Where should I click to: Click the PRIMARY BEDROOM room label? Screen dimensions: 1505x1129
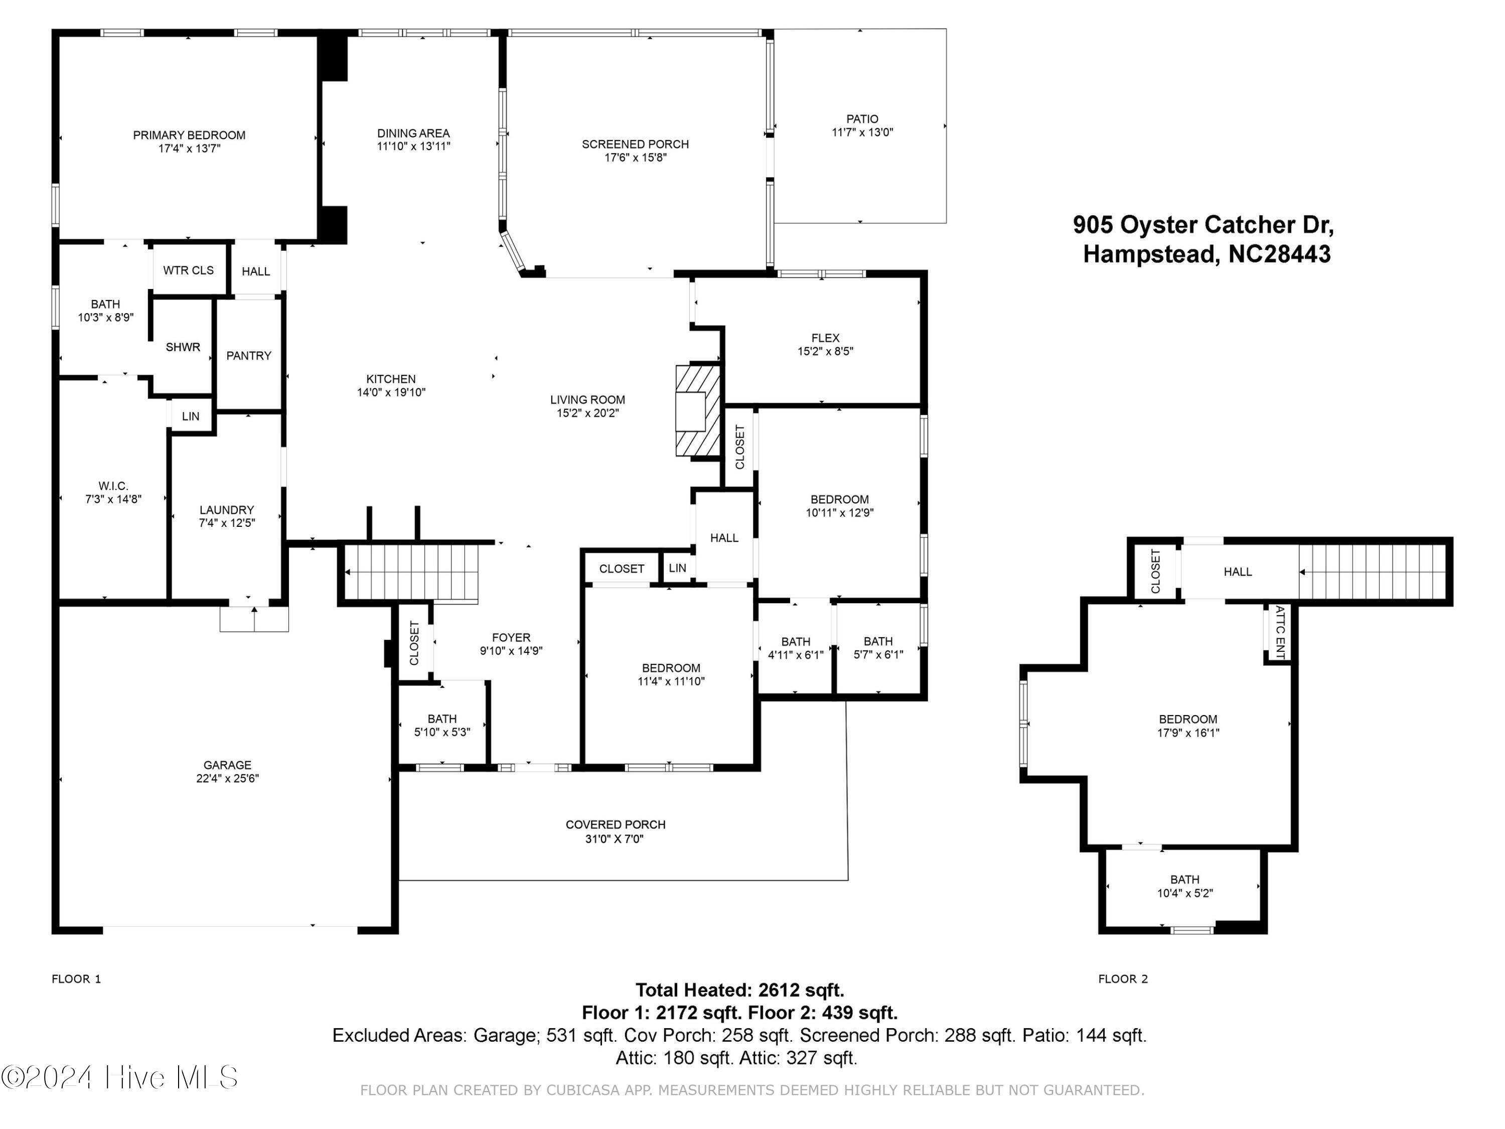coord(189,135)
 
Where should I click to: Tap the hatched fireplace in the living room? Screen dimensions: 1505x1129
coord(697,410)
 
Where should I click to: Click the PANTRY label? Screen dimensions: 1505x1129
coord(248,355)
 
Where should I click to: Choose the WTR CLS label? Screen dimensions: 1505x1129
coord(189,270)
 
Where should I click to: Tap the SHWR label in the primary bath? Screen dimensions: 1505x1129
coord(183,347)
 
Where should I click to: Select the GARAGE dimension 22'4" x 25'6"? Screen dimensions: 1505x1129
coord(227,779)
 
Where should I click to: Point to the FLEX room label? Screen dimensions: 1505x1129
coord(825,338)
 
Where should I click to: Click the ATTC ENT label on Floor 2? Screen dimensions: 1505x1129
coord(1279,632)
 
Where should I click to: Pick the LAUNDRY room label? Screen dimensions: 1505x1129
coord(227,510)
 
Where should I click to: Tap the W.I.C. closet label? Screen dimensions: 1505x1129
coord(113,486)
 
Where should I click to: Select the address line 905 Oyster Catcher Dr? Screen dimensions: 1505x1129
coord(1203,225)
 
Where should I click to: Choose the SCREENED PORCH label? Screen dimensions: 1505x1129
coord(636,145)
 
